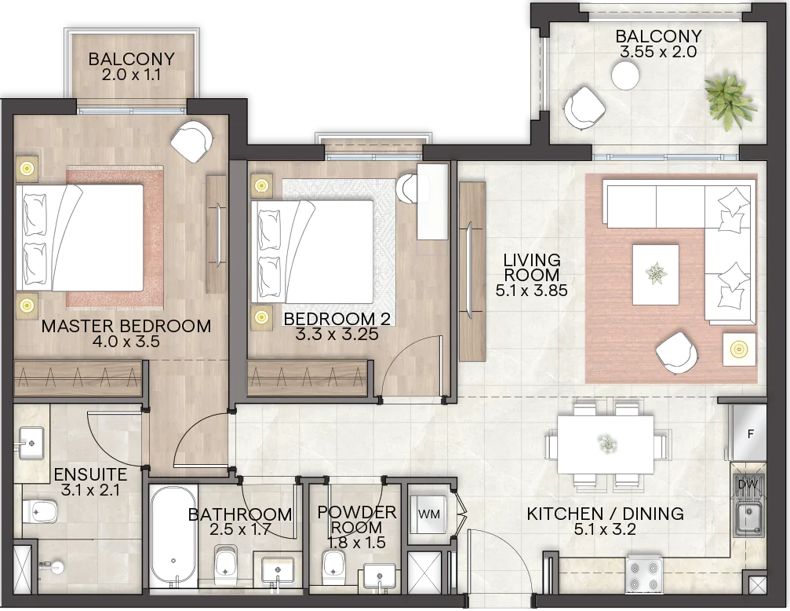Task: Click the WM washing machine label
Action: pos(429,514)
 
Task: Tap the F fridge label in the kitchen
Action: pos(751,434)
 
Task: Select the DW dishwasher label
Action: pos(748,485)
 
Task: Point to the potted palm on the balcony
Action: pos(729,103)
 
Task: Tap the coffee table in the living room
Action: pos(656,274)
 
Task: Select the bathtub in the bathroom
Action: pos(173,535)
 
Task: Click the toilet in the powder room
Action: pos(333,563)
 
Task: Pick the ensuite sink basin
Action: pos(31,444)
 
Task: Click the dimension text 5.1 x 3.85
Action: pos(532,291)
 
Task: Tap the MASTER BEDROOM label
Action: pos(126,326)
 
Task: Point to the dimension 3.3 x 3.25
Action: pos(337,334)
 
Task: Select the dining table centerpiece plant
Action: pos(606,444)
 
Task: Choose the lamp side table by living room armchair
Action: pos(739,349)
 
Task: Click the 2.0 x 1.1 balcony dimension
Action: pos(131,75)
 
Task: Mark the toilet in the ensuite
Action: pos(40,511)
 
